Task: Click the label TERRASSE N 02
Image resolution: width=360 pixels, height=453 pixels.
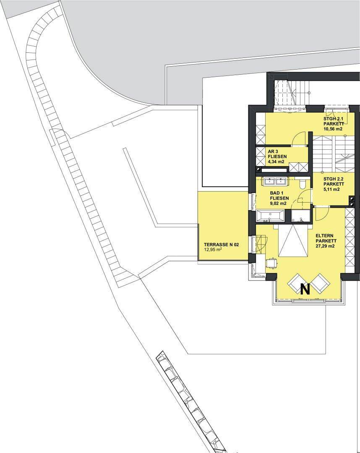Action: pos(221,245)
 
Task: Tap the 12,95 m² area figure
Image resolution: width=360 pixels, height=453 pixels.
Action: pos(213,250)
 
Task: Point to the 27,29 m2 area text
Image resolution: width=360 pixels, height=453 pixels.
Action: pos(325,246)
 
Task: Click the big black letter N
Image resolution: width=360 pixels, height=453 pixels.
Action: pos(305,289)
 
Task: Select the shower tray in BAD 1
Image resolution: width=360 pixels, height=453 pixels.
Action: pos(300,216)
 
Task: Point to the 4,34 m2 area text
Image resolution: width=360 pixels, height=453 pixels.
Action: pos(276,162)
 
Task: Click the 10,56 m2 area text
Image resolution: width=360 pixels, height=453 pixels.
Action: pos(333,129)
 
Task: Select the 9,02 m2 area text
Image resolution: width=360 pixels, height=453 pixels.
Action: pos(278,203)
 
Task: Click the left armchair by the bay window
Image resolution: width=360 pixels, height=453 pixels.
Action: pos(296,282)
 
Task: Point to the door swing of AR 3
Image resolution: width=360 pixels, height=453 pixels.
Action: pos(298,138)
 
